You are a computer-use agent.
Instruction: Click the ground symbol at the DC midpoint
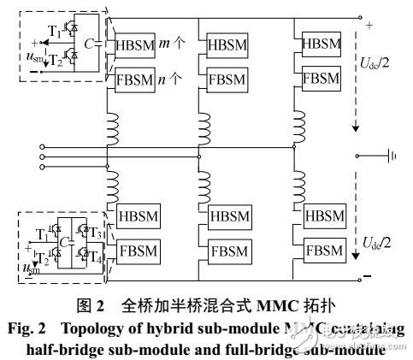(391, 156)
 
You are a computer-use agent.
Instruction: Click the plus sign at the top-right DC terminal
(369, 27)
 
